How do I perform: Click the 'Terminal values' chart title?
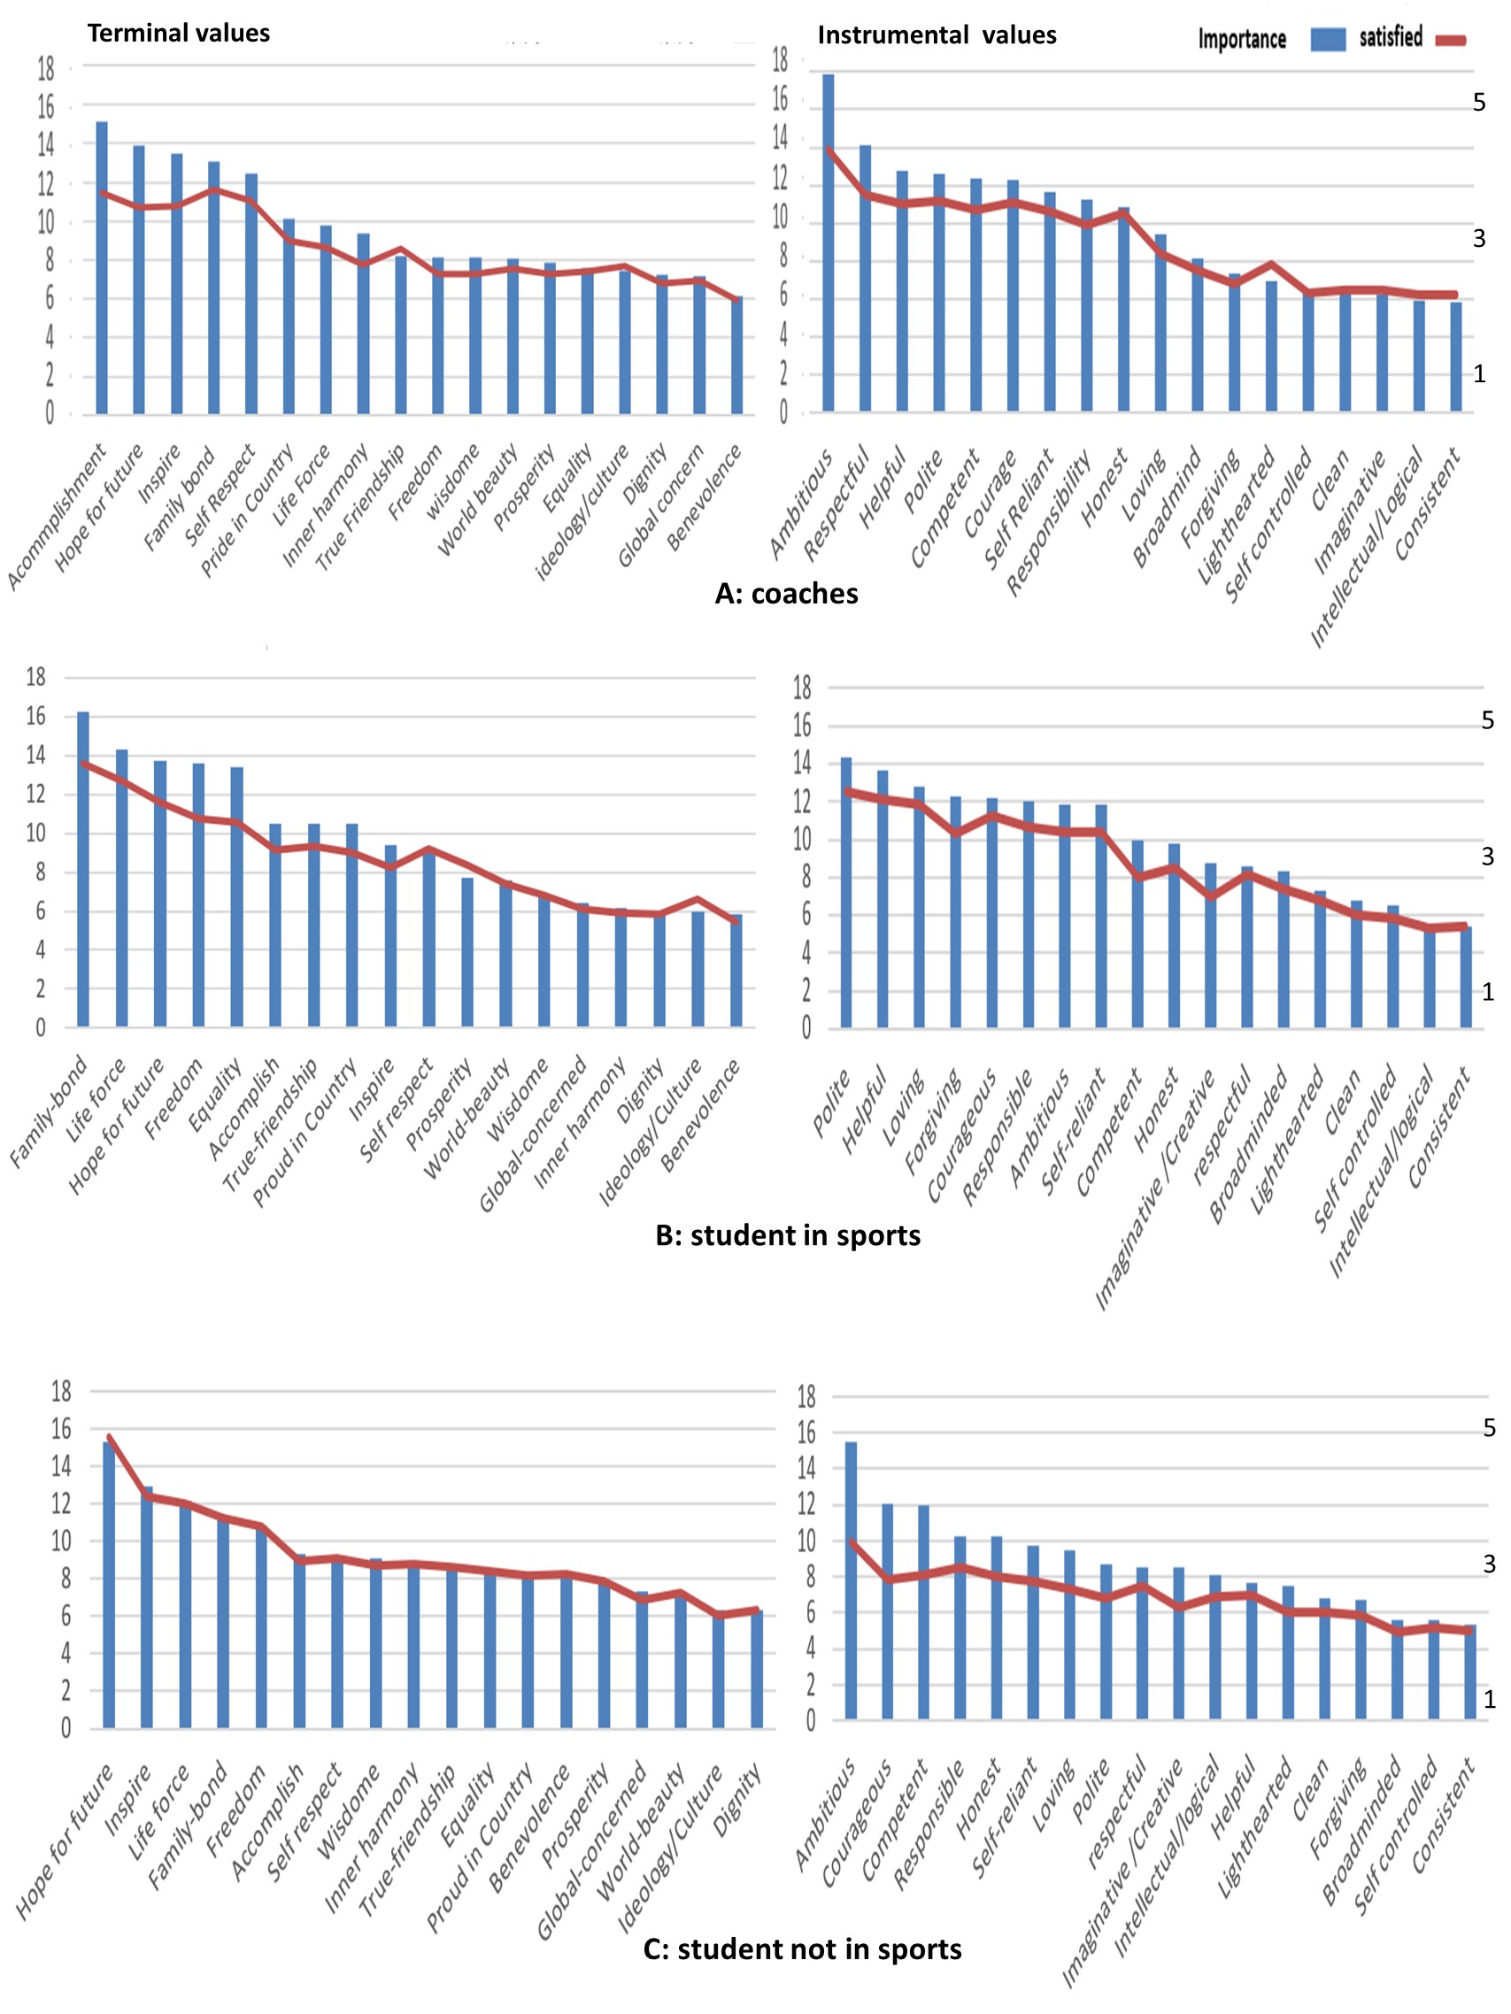179,34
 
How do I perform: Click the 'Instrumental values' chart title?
937,35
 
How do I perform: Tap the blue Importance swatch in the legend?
1328,39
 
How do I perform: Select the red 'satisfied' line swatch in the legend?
1450,40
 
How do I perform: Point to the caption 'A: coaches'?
786,594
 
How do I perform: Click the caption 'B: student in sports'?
788,1235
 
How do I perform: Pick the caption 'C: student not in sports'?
801,1949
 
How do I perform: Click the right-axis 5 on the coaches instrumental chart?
1479,103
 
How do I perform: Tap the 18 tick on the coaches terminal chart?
45,68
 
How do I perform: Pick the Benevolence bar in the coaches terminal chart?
736,355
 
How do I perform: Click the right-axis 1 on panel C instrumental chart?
1490,1700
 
